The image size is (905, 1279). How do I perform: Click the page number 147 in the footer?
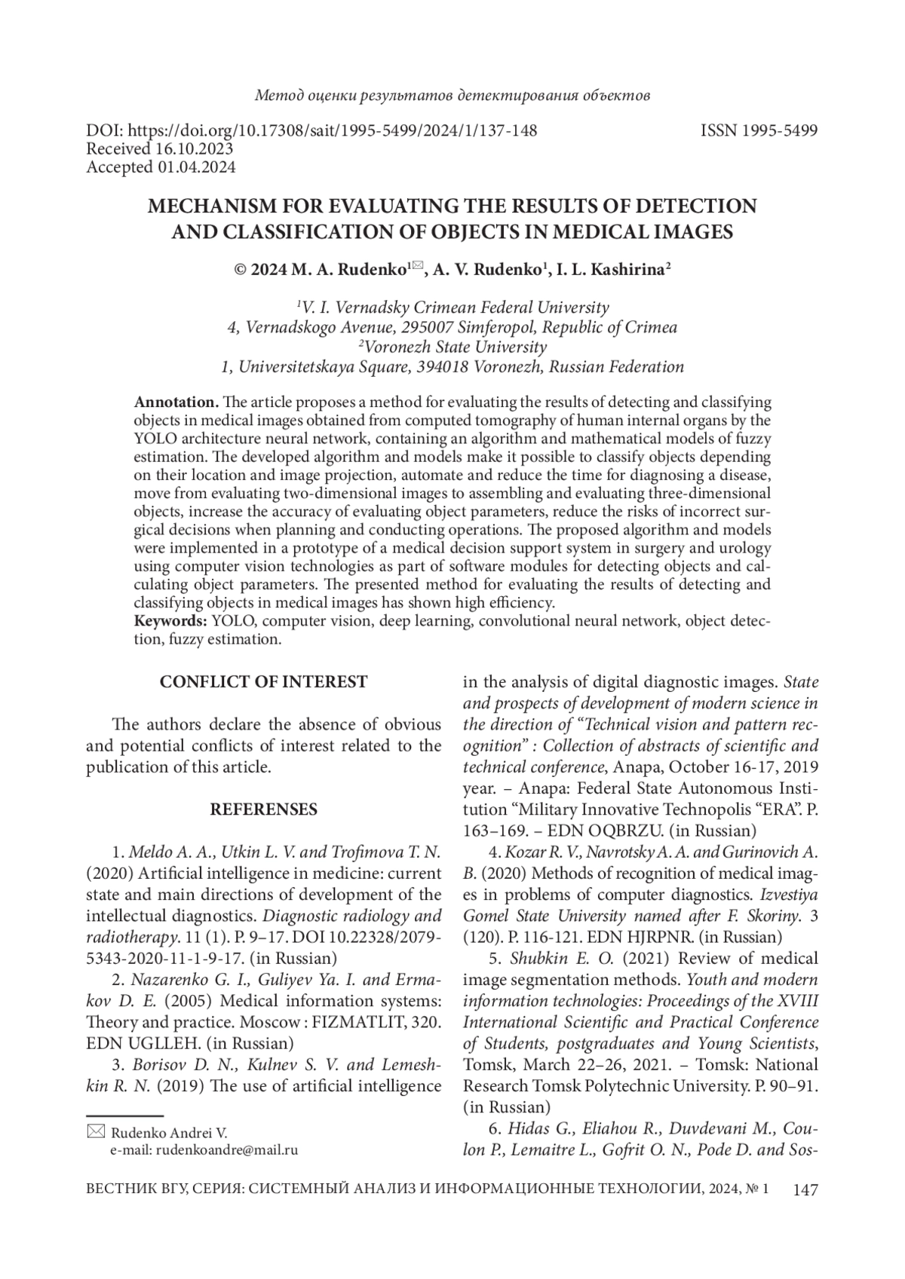pyautogui.click(x=805, y=1190)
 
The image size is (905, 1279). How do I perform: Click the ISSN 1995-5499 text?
pyautogui.click(x=759, y=131)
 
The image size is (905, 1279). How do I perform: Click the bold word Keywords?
pyautogui.click(x=170, y=621)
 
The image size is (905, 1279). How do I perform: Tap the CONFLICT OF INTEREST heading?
pyautogui.click(x=263, y=682)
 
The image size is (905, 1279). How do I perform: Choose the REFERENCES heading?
pyautogui.click(x=263, y=809)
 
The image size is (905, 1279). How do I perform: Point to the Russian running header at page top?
pyautogui.click(x=452, y=96)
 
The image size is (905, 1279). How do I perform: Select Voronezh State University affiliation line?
pyautogui.click(x=452, y=347)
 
